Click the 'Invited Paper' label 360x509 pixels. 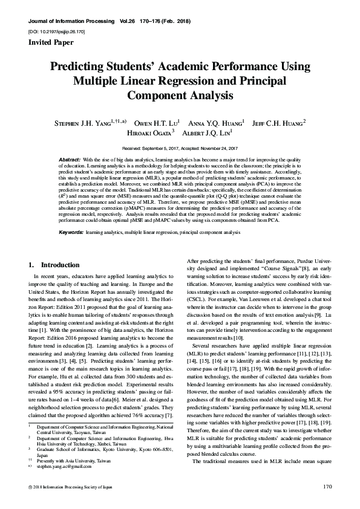tap(51, 43)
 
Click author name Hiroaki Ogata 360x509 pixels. tap(149, 132)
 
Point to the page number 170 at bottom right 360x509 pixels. tap(329, 486)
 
